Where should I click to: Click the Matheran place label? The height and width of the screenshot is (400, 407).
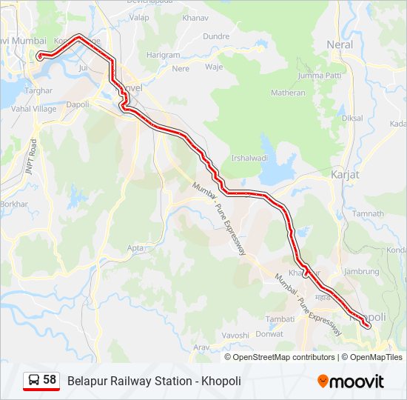(x=288, y=93)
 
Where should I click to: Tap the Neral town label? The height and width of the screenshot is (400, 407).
(x=340, y=44)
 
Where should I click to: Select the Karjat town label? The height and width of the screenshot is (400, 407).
(x=345, y=175)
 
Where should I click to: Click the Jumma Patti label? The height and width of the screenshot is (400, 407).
(x=319, y=76)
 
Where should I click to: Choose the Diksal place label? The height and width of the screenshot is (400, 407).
(x=352, y=118)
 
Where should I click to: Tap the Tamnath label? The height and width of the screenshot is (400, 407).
(x=369, y=213)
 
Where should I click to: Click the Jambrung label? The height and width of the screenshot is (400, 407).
(x=361, y=272)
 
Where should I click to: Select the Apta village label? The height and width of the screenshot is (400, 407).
(x=135, y=248)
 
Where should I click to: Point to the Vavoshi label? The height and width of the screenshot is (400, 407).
(x=235, y=335)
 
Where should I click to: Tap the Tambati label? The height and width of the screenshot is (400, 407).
(x=280, y=319)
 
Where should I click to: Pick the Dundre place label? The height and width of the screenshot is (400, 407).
(x=215, y=36)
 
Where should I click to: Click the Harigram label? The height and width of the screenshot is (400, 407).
(x=163, y=55)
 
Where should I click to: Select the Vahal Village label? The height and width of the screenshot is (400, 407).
(x=34, y=108)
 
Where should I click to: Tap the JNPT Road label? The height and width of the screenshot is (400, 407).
(x=32, y=156)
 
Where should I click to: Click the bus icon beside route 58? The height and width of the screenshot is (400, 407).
(x=34, y=380)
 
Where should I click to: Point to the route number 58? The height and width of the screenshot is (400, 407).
(x=50, y=380)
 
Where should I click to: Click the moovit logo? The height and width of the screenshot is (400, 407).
(x=351, y=381)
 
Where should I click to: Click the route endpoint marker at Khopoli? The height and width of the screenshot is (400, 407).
(x=368, y=324)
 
